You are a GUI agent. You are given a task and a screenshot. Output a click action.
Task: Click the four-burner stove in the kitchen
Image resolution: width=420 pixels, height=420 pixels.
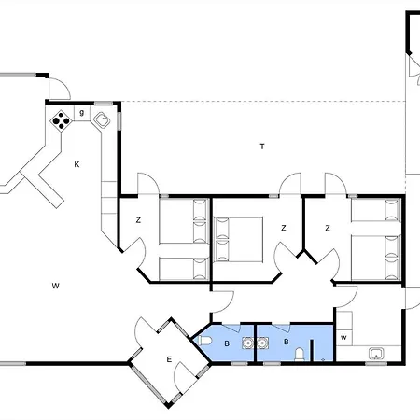pyautogui.click(x=61, y=119)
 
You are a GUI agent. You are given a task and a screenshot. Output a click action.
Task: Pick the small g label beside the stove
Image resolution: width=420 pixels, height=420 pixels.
pyautogui.click(x=82, y=113)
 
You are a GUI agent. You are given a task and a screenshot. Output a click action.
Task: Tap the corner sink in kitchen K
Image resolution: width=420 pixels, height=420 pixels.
pyautogui.click(x=101, y=119)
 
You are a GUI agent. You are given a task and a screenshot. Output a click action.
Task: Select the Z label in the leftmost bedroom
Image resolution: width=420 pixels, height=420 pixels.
pyautogui.click(x=137, y=220)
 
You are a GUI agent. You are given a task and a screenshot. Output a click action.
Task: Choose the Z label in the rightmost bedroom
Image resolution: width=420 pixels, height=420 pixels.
pyautogui.click(x=328, y=227)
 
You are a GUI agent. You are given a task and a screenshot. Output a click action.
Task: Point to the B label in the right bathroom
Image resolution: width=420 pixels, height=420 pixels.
pyautogui.click(x=286, y=343)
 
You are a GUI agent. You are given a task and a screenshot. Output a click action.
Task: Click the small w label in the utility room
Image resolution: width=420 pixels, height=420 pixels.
pyautogui.click(x=343, y=336)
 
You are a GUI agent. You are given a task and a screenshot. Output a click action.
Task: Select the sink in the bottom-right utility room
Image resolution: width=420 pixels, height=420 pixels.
pyautogui.click(x=376, y=353)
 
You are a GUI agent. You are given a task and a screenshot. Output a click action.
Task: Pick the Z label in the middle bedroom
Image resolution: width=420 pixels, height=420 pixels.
pyautogui.click(x=282, y=227)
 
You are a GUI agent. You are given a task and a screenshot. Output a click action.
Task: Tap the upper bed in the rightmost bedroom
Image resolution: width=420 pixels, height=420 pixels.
pyautogui.click(x=375, y=211)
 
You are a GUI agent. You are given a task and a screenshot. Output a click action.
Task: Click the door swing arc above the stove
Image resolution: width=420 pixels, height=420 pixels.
pyautogui.click(x=59, y=89)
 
